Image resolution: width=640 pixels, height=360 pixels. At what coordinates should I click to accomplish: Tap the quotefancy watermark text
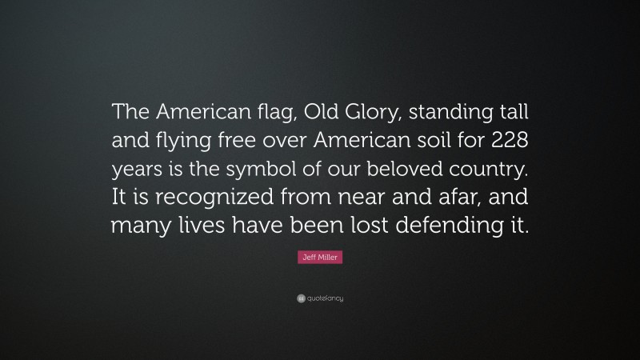coord(326,298)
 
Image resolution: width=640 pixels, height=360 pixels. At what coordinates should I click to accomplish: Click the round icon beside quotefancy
coord(299,298)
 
